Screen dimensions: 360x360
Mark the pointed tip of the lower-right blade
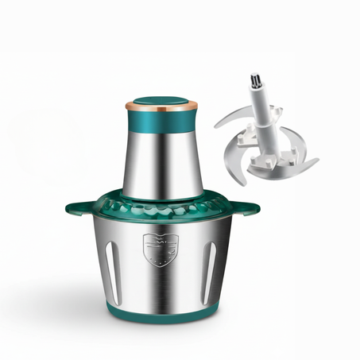click(x=318, y=160)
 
